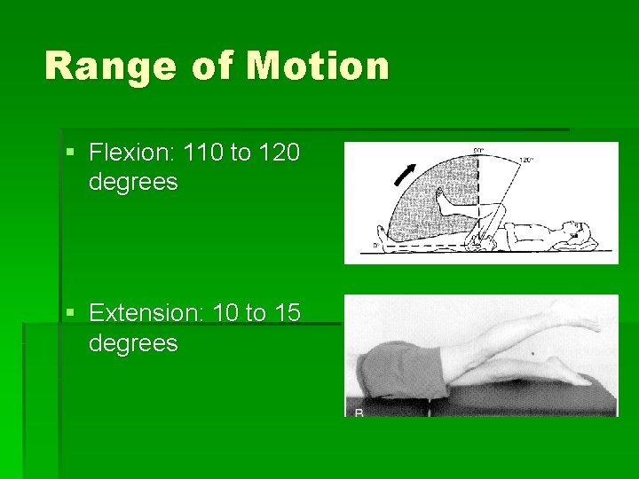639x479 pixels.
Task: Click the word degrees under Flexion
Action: click(x=133, y=183)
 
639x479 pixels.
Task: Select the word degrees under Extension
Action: click(x=133, y=342)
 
